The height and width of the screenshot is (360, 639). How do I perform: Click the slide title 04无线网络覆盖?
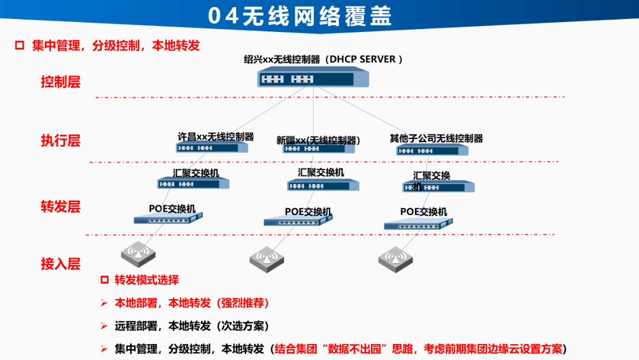click(300, 16)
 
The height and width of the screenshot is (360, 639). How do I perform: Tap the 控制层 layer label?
click(60, 82)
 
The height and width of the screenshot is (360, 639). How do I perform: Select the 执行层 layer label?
click(60, 140)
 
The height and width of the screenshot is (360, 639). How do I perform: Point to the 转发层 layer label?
click(60, 207)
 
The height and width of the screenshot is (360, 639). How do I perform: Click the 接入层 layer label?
click(60, 263)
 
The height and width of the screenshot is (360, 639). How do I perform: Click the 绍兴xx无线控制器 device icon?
click(314, 78)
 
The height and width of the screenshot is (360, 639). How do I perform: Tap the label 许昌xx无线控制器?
click(215, 136)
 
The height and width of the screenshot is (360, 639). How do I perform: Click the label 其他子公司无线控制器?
click(436, 138)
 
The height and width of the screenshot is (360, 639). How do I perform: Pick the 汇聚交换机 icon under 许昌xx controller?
click(193, 184)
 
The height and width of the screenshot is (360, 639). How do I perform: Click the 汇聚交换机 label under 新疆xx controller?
click(321, 172)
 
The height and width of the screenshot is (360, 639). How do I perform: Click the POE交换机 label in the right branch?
click(424, 211)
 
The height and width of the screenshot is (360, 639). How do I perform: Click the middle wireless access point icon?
click(266, 258)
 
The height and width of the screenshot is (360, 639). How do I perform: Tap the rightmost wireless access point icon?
click(395, 258)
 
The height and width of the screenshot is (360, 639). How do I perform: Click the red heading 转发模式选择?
click(147, 280)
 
